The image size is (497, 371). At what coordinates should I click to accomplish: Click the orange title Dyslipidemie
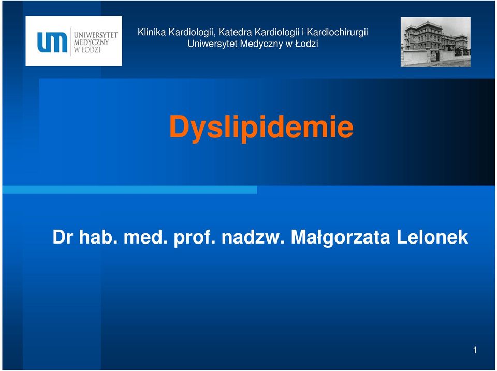[261, 127]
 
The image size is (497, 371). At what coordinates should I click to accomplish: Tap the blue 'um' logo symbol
[52, 42]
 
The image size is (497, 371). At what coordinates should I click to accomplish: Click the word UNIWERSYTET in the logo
[96, 35]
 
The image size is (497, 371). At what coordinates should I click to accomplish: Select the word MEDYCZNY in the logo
[91, 42]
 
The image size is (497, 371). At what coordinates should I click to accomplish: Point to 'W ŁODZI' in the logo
[87, 50]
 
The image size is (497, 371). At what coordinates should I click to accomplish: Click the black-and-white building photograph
[435, 42]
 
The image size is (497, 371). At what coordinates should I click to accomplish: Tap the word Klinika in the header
[152, 32]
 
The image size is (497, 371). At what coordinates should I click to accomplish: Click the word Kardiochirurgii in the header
[337, 32]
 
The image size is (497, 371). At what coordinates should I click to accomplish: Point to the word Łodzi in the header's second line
[306, 44]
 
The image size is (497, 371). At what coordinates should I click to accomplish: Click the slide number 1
[475, 350]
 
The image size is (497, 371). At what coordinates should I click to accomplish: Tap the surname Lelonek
[432, 237]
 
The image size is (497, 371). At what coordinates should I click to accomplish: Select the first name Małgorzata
[341, 238]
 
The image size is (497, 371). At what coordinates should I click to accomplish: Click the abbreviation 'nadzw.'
[253, 237]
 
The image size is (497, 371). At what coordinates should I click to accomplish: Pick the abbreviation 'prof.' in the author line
[194, 238]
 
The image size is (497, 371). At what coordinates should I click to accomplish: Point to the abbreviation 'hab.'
[96, 237]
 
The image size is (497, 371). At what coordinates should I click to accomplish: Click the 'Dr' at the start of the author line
[63, 237]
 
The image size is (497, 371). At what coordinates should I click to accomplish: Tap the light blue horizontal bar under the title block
[129, 190]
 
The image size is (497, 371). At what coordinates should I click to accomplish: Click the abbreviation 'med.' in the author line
[145, 237]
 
